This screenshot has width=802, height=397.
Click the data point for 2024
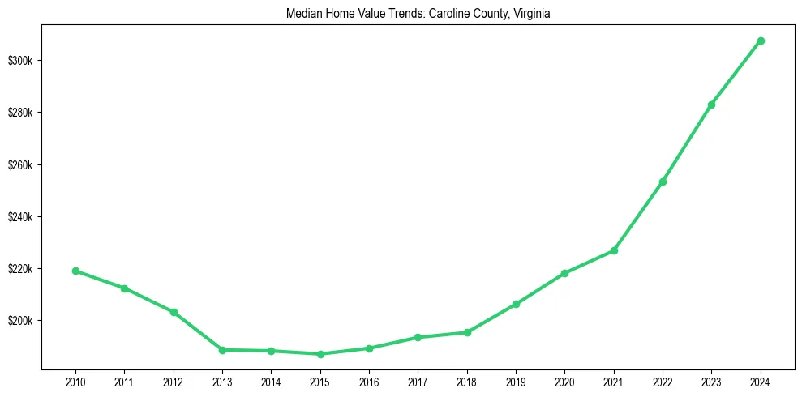coord(761,41)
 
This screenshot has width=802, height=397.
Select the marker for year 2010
coord(75,271)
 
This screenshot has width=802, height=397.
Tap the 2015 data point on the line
coord(320,354)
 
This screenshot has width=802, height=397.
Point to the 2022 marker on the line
coord(663,181)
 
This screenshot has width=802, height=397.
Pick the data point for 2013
coord(222,350)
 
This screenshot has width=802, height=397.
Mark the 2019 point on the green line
coord(516,304)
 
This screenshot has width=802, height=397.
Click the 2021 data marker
coord(614,250)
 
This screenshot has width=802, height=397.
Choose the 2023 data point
coord(711,105)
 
